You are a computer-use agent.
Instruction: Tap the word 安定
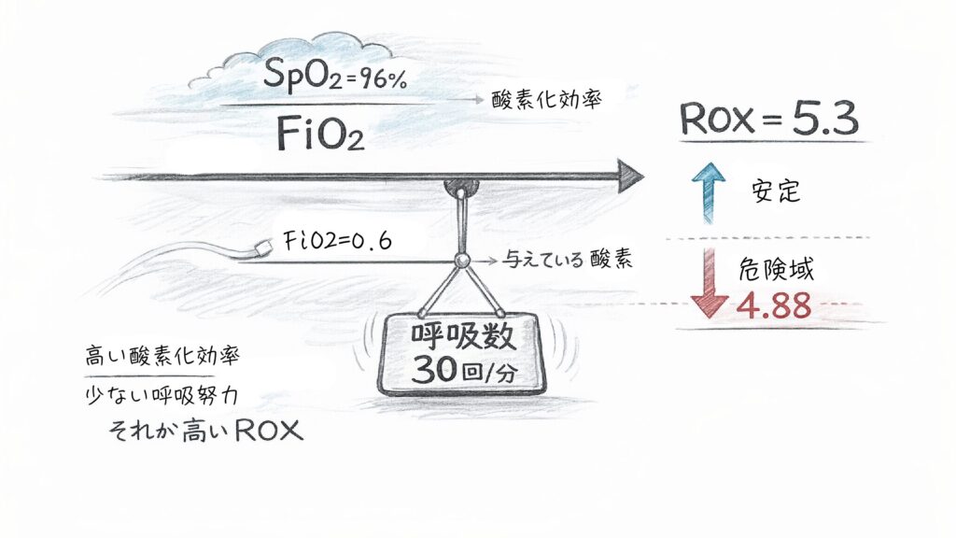(777, 193)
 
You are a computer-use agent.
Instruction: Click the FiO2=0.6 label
(333, 241)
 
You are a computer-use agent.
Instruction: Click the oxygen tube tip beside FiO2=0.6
(263, 246)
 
